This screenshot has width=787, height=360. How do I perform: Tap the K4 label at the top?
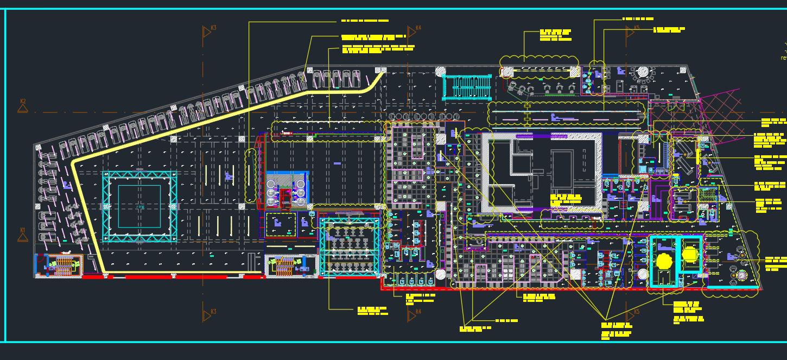click(418, 28)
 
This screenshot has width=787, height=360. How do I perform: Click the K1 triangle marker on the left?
click(23, 234)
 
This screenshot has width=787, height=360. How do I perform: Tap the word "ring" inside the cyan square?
click(140, 207)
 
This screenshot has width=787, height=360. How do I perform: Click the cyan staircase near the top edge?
click(467, 87)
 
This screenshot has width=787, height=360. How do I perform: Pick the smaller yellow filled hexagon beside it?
click(690, 254)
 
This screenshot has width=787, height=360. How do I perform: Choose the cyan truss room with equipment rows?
click(350, 247)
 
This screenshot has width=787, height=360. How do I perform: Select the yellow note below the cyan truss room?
click(372, 311)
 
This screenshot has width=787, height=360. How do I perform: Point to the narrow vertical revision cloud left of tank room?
click(250, 176)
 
